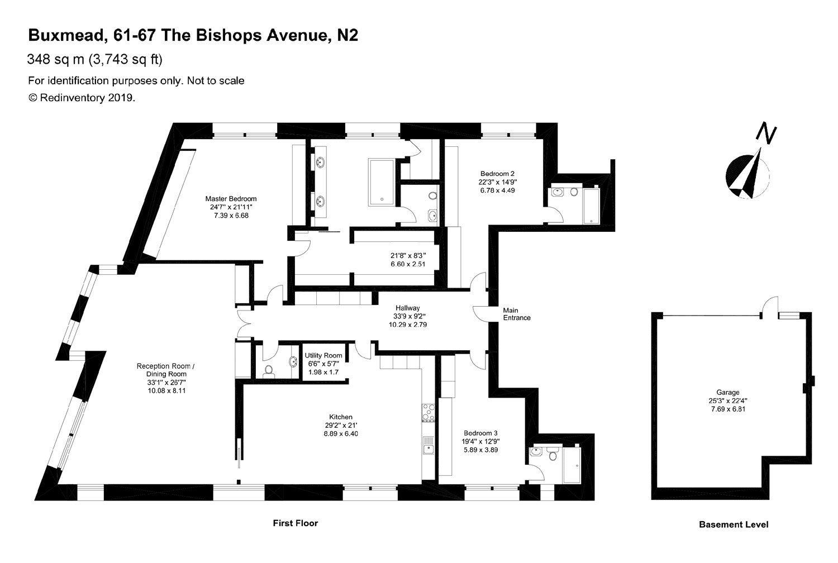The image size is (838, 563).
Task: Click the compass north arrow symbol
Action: pos(747,173)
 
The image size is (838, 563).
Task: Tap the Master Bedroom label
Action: pos(231,198)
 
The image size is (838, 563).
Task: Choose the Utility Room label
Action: pos(323,355)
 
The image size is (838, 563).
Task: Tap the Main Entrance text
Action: pos(517,314)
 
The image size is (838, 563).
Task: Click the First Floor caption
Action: pos(295,523)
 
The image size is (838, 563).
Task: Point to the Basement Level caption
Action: pos(734,524)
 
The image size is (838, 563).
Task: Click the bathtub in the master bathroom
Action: pos(382,180)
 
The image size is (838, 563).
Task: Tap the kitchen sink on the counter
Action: pos(428,447)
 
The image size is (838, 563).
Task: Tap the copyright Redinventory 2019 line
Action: pos(82,98)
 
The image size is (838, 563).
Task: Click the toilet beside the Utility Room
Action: pos(268,370)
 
